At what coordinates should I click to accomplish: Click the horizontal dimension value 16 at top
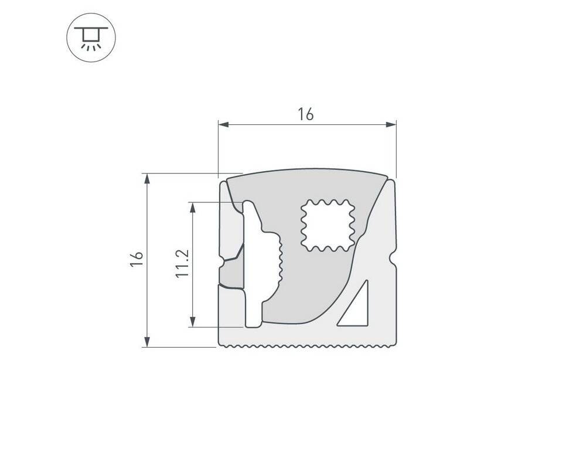tap(305, 114)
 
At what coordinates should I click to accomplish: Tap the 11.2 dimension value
tap(182, 263)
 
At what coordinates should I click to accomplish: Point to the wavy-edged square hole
tap(328, 226)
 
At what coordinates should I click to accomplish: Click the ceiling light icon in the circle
tap(91, 38)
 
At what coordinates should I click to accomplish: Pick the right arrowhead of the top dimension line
tap(391, 125)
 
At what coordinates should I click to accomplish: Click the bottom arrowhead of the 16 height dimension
tap(147, 341)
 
